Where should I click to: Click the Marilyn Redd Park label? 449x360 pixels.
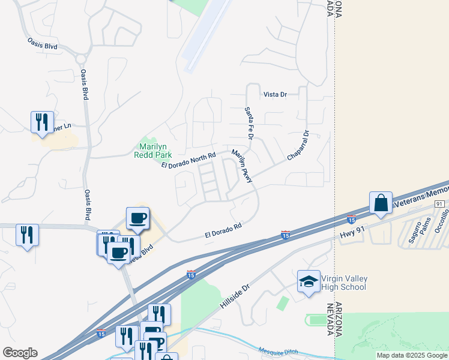pyautogui.click(x=155, y=151)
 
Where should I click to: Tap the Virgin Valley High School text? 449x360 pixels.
pyautogui.click(x=343, y=283)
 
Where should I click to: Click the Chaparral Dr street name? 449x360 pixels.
pyautogui.click(x=298, y=145)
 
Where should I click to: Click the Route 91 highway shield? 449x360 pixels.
pyautogui.click(x=439, y=205)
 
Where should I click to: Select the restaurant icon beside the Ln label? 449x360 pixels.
pyautogui.click(x=42, y=122)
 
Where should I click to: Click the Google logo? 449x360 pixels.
pyautogui.click(x=20, y=353)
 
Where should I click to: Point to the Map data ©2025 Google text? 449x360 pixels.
pyautogui.click(x=412, y=355)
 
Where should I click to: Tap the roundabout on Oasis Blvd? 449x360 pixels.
pyautogui.click(x=80, y=58)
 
